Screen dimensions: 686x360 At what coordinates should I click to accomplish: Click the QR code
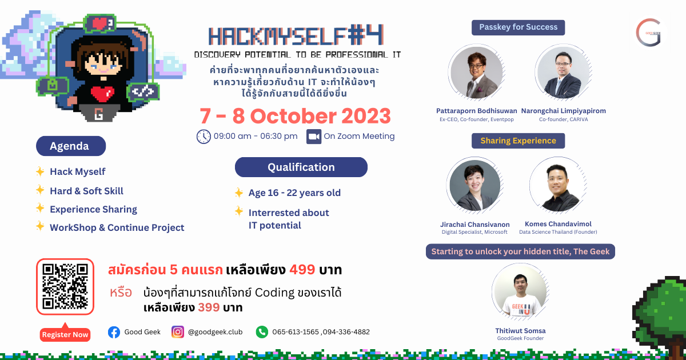pos(65,286)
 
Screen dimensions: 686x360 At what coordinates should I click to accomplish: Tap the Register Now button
pos(65,334)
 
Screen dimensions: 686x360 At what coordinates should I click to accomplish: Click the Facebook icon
pos(114,332)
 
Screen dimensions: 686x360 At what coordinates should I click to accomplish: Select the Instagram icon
pos(178,332)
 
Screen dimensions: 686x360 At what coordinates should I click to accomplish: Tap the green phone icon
pos(262,332)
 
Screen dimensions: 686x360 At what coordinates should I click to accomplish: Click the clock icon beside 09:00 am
pos(204,137)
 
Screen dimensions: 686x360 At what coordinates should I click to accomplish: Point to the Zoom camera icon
pos(314,137)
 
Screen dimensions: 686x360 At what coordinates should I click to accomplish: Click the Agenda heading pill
pos(71,146)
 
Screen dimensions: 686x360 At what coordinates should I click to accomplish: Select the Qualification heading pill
pos(301,167)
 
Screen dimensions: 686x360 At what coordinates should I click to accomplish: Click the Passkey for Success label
pos(518,27)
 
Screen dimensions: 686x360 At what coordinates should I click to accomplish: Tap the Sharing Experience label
pos(518,141)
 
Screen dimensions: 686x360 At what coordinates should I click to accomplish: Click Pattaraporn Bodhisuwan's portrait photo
pos(477,72)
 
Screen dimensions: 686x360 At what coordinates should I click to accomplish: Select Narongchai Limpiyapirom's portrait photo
pos(564,72)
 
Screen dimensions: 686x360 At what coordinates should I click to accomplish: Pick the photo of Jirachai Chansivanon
pos(475,185)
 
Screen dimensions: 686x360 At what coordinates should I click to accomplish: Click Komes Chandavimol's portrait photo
pos(558,185)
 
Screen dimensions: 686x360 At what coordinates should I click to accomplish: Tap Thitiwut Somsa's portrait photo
pos(520,291)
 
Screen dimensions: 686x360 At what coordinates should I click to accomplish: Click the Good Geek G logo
pos(648,33)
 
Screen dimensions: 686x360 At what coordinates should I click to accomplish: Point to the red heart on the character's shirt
pos(102,94)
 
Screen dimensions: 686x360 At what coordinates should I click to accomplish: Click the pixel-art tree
pos(660,315)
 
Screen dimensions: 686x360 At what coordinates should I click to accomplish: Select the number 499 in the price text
pos(302,270)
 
